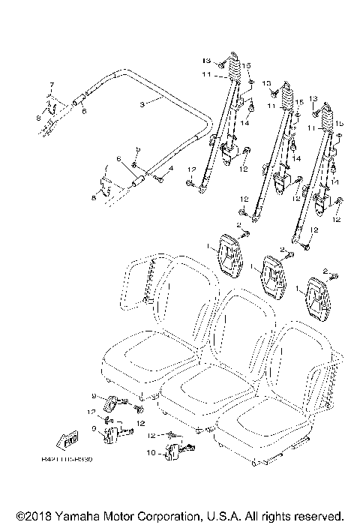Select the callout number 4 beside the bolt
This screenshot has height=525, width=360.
pos(170,169)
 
